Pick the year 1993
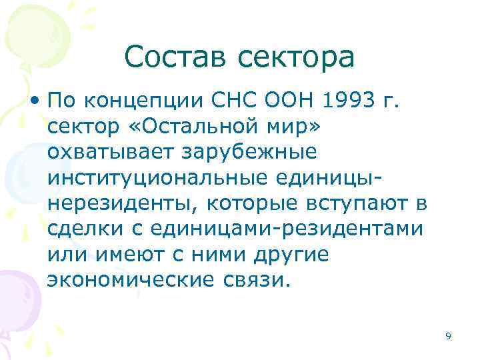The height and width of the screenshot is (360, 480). (343, 103)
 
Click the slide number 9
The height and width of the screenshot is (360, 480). (448, 337)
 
